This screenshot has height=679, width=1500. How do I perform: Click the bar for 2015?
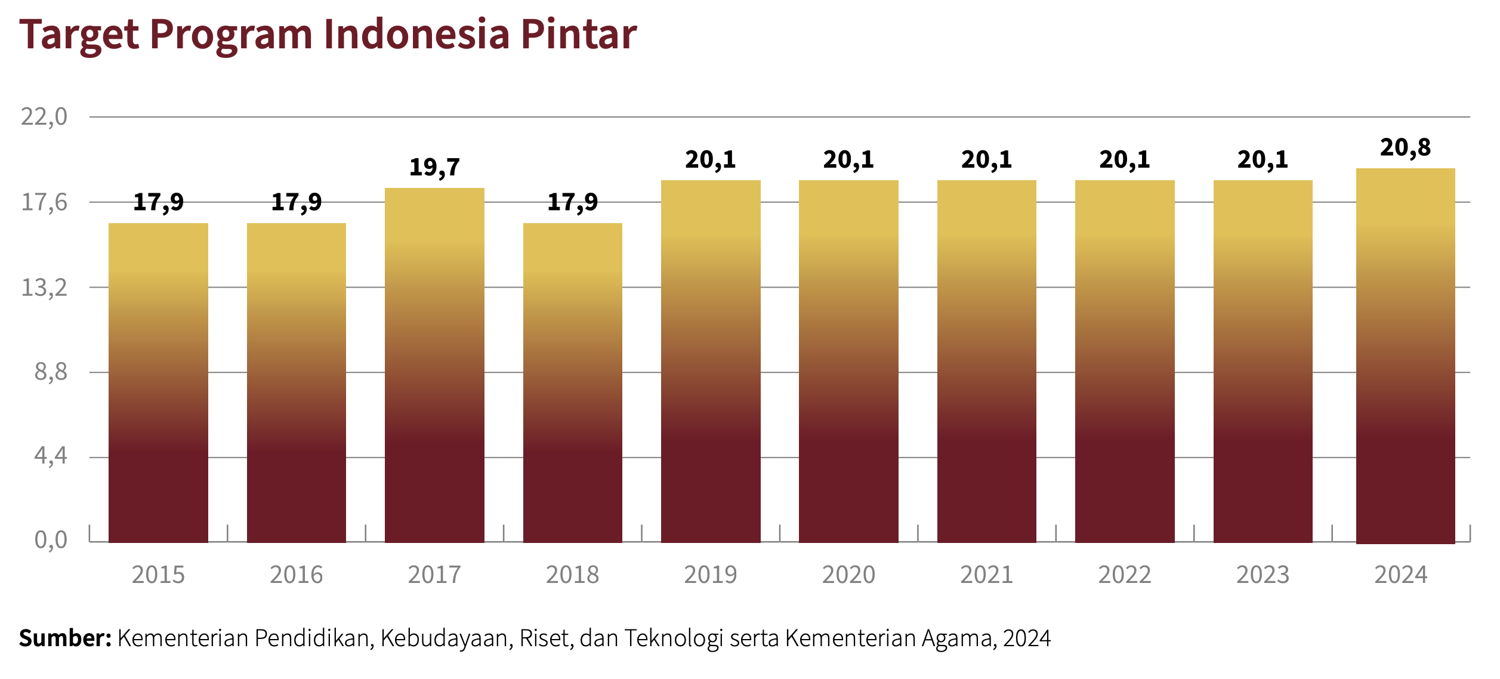coord(158,382)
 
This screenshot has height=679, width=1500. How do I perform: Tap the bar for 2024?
coord(1405,356)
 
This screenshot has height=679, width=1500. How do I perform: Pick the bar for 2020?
coord(848,361)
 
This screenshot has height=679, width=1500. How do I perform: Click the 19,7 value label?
coord(434,168)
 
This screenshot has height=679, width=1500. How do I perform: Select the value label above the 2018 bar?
coord(572,202)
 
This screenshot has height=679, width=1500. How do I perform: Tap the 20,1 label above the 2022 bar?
coord(1124,160)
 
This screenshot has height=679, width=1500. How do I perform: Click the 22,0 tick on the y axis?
coord(44,117)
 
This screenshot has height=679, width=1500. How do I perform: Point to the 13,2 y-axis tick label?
coord(44,288)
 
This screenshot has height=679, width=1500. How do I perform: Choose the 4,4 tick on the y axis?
coord(51,456)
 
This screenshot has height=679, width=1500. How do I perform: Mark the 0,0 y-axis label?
coord(51,540)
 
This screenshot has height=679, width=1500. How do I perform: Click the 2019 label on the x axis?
coord(710,575)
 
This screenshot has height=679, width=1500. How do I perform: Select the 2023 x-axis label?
coord(1263,575)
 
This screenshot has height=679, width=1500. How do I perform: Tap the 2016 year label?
coord(296,575)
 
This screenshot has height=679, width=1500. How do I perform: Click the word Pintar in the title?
coord(578,35)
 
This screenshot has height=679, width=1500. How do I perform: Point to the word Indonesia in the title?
coord(416,35)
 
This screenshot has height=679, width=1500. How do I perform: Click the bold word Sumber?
coord(65,638)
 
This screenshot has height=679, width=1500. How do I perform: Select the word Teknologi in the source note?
coord(674,638)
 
